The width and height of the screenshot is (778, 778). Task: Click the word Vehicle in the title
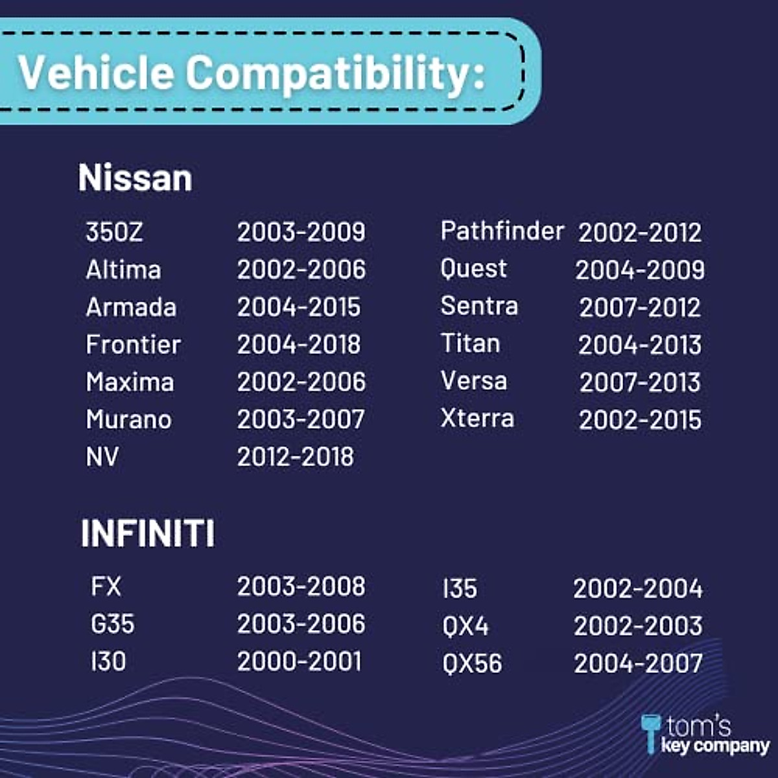pyautogui.click(x=97, y=72)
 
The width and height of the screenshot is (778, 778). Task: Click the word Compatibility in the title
pyautogui.click(x=335, y=75)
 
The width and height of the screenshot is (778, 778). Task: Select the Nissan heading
pyautogui.click(x=136, y=177)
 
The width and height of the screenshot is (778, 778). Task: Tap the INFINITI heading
pyautogui.click(x=148, y=533)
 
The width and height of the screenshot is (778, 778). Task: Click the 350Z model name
pyautogui.click(x=114, y=231)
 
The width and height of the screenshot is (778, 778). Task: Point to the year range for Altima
pyautogui.click(x=301, y=269)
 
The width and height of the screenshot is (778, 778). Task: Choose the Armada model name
pyautogui.click(x=131, y=307)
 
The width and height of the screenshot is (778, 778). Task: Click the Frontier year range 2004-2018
pyautogui.click(x=299, y=344)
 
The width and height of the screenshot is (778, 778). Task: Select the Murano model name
pyautogui.click(x=129, y=419)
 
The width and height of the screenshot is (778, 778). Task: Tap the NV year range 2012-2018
pyautogui.click(x=296, y=456)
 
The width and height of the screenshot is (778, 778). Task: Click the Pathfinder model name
pyautogui.click(x=502, y=231)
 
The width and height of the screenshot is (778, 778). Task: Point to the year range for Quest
pyautogui.click(x=640, y=270)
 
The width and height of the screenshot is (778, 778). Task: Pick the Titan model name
pyautogui.click(x=470, y=343)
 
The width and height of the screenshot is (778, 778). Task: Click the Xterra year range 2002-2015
pyautogui.click(x=640, y=420)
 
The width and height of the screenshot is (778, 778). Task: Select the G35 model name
pyautogui.click(x=113, y=624)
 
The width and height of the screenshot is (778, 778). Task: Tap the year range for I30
pyautogui.click(x=299, y=661)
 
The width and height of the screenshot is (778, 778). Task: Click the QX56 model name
pyautogui.click(x=472, y=663)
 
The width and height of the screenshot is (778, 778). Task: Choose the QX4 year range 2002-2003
pyautogui.click(x=639, y=626)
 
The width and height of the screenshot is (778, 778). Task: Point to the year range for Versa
pyautogui.click(x=640, y=383)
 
